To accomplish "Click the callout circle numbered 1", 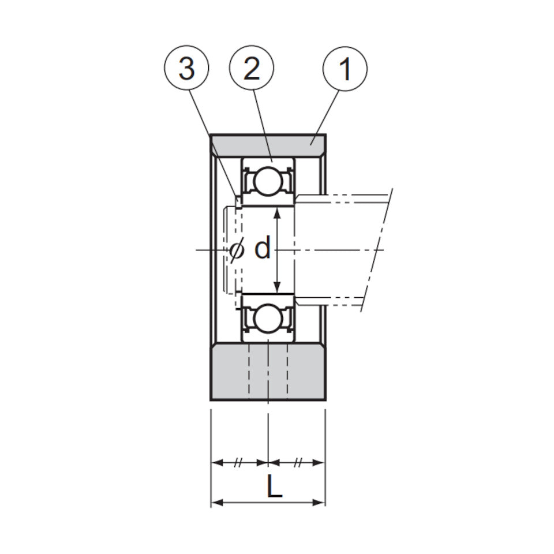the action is point(345,69).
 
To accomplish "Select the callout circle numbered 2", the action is point(252,68).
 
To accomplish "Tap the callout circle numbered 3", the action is point(186,68).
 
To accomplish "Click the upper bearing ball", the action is point(268,181).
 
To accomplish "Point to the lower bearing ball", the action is point(268,317).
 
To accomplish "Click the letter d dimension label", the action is point(263,248).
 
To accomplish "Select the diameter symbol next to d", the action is point(237,250).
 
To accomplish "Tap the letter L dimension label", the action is point(275,486).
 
